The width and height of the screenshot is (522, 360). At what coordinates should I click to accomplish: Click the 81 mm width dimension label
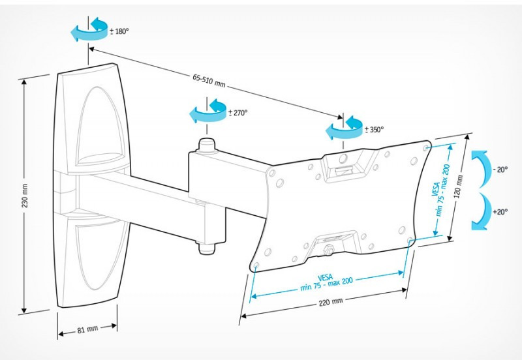point(87,329)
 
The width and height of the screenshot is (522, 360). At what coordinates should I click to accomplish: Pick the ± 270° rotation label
point(238,113)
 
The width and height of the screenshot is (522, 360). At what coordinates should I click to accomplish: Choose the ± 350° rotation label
point(374,129)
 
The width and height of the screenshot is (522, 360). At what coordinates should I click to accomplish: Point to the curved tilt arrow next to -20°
point(481,168)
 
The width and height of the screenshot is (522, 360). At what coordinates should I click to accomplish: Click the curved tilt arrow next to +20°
point(482,211)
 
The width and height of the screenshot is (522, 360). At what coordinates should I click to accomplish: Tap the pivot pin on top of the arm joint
point(207,145)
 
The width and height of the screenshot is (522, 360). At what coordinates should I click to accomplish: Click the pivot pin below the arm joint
point(207,247)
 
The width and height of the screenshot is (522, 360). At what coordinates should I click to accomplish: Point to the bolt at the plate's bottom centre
point(330,248)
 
